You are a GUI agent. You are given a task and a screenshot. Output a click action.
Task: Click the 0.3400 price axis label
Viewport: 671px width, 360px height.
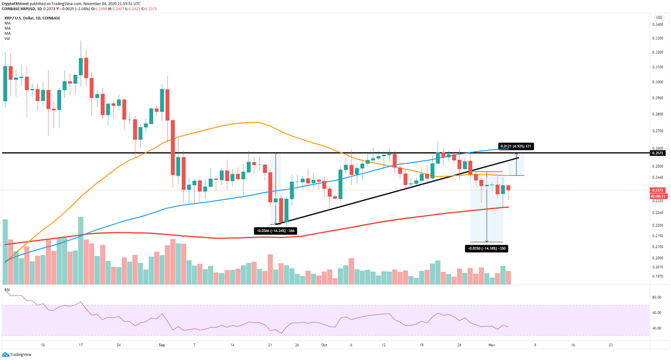(x=657, y=24)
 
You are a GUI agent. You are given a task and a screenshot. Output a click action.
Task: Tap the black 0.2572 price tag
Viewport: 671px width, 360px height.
(x=657, y=153)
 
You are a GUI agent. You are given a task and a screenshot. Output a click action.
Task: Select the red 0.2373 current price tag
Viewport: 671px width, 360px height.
(x=657, y=190)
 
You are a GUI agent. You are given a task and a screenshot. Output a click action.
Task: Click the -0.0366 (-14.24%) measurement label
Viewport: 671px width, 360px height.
(x=275, y=231)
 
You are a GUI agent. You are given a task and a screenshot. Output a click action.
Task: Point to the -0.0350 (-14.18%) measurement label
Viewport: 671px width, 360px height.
(x=487, y=249)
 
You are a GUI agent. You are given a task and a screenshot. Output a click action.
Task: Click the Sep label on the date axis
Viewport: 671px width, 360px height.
(x=162, y=345)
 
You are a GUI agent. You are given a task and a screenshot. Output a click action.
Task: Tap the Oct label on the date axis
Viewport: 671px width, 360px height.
(x=324, y=345)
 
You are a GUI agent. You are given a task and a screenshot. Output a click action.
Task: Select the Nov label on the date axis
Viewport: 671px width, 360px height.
(x=492, y=345)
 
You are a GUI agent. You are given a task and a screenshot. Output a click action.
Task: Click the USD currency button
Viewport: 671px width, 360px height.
(x=659, y=17)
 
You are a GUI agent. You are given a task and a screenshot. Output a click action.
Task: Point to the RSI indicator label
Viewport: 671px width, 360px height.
(x=7, y=290)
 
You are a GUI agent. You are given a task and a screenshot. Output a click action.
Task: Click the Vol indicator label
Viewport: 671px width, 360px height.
(x=7, y=38)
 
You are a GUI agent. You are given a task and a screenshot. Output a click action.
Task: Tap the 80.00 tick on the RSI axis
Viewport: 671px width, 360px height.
(x=656, y=297)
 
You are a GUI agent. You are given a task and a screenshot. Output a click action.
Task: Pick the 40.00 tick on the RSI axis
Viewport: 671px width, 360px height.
(x=656, y=328)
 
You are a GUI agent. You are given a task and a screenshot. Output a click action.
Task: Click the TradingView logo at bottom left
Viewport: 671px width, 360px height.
(x=17, y=354)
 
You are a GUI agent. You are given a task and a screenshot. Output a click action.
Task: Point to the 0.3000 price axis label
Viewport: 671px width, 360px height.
(x=657, y=82)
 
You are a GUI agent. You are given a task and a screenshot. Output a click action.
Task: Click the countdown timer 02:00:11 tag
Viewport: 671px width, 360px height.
(x=657, y=196)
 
